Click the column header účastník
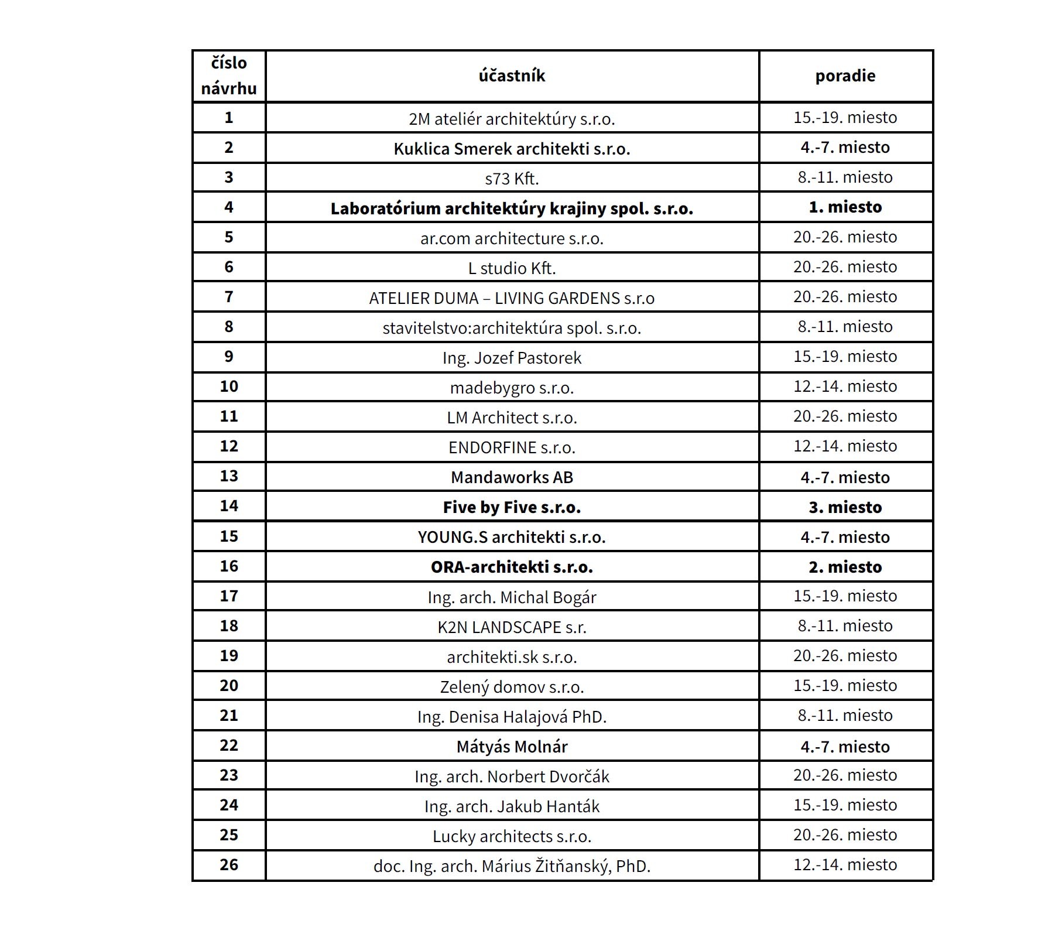coord(512,76)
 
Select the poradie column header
coord(845,76)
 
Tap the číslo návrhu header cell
coord(229,76)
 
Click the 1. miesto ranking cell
coord(845,207)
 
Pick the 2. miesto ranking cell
coord(845,566)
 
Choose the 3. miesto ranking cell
coord(845,507)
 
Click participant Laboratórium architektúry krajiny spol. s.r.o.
coord(512,208)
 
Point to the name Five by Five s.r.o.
coord(512,507)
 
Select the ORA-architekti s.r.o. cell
coord(512,566)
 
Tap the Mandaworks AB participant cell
coord(512,477)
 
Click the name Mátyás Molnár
coord(512,746)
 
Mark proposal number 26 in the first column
coord(229,864)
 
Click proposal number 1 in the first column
coord(229,117)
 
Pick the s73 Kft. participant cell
coord(512,178)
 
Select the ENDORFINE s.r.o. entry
coord(512,447)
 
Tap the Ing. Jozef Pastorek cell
coord(512,357)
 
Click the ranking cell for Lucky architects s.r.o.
coord(845,834)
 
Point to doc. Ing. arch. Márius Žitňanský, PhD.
coord(512,866)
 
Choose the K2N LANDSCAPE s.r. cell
coord(512,627)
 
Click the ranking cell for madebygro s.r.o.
coord(845,386)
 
